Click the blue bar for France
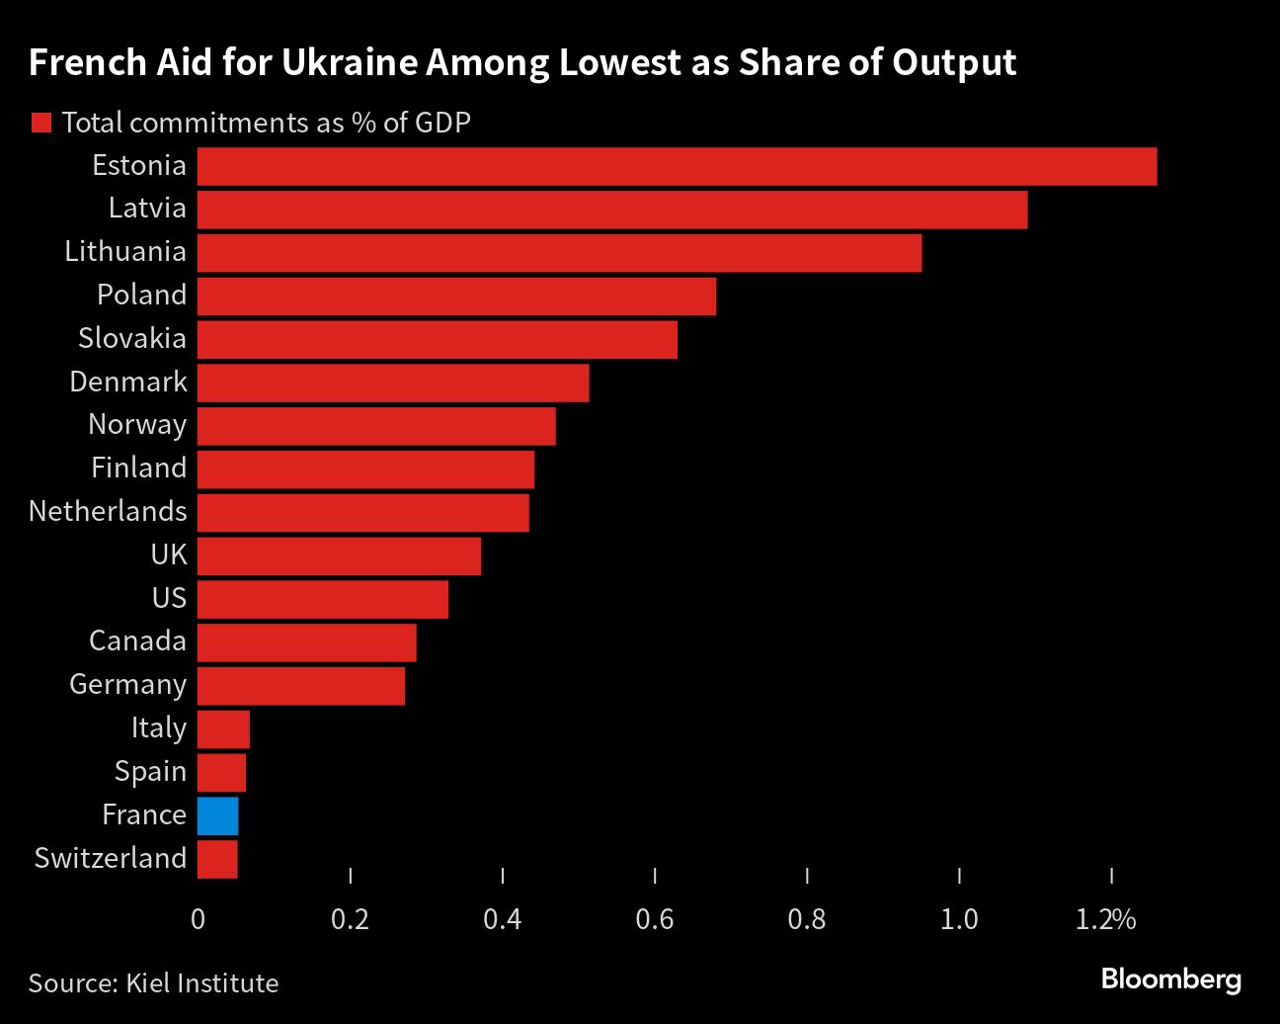pos(217,815)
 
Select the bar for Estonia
pos(677,166)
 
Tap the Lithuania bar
pos(559,252)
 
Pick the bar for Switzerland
pos(217,859)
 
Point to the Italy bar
pos(223,729)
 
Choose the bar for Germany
pos(301,686)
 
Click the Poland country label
pos(141,295)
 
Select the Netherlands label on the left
pos(108,511)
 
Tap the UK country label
pos(168,555)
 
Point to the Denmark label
pos(128,382)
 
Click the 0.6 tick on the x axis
pos(655,919)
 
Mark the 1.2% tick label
pos(1106,919)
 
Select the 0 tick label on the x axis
pos(198,919)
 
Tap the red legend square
pos(40,123)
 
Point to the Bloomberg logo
pos(1170,980)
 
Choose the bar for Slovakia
pos(438,339)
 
